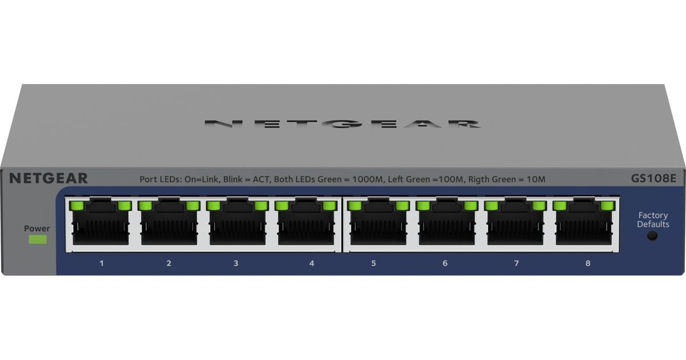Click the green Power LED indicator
tap(38, 239)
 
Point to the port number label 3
tap(236, 263)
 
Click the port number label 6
tap(445, 263)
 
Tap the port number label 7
tap(516, 263)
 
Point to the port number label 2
tap(169, 263)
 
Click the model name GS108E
tap(653, 178)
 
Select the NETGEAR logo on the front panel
tap(49, 178)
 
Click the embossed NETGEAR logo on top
tap(342, 123)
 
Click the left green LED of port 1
tap(77, 205)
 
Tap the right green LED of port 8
tap(608, 205)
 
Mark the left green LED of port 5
tap(355, 205)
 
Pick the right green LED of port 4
tap(329, 205)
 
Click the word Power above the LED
tap(37, 229)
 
